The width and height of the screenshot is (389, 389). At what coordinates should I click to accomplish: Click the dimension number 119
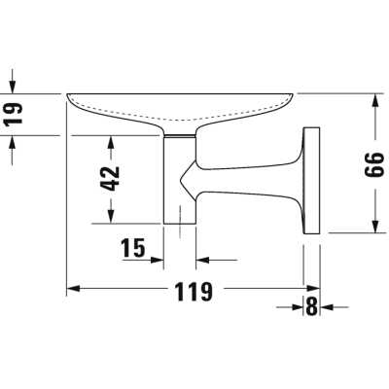(x=194, y=292)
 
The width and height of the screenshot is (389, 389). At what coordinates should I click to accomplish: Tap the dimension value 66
(x=374, y=164)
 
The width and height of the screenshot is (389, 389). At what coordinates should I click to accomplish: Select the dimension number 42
(x=110, y=179)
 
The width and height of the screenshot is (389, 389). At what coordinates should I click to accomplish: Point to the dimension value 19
(x=14, y=114)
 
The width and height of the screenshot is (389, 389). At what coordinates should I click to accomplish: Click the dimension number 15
(x=133, y=248)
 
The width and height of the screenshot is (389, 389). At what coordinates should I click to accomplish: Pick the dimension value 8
(x=311, y=306)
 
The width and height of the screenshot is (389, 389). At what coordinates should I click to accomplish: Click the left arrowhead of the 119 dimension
(x=73, y=288)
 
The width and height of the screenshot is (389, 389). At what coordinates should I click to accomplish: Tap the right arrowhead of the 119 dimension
(x=313, y=288)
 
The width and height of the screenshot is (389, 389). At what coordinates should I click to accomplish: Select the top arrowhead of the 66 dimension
(x=375, y=100)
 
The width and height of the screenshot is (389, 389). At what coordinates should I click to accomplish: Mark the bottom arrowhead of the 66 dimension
(x=375, y=226)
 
